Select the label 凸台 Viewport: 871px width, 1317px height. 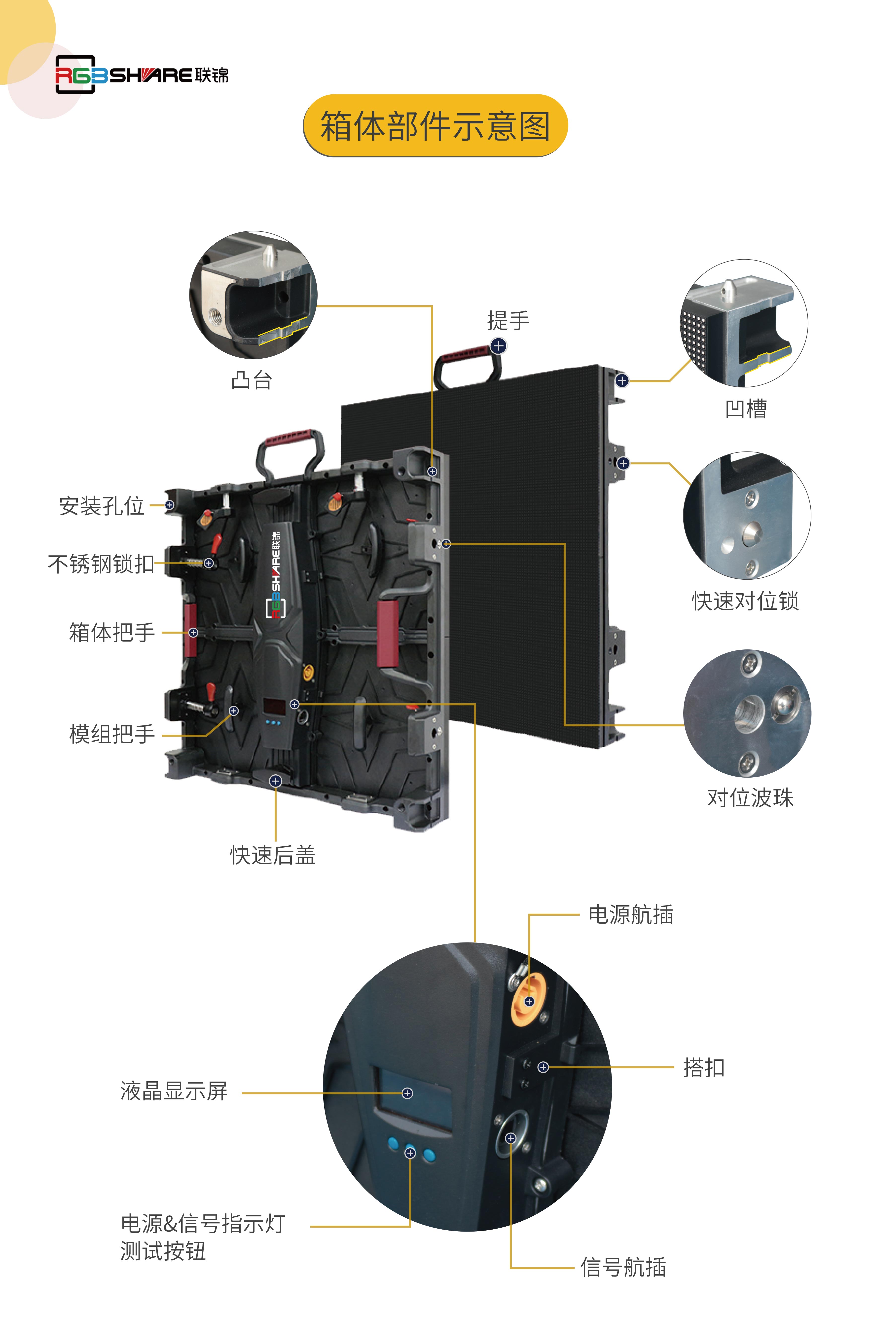[252, 380]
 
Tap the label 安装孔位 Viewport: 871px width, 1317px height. [102, 505]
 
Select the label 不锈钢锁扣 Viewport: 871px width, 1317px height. [101, 564]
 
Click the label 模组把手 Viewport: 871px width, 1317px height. [112, 734]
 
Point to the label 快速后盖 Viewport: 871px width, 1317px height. [273, 855]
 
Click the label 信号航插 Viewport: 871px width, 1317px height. [623, 1267]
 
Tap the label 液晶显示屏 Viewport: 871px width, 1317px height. [174, 1091]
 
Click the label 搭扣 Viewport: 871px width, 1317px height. [704, 1067]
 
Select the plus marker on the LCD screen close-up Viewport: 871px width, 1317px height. [407, 1093]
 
